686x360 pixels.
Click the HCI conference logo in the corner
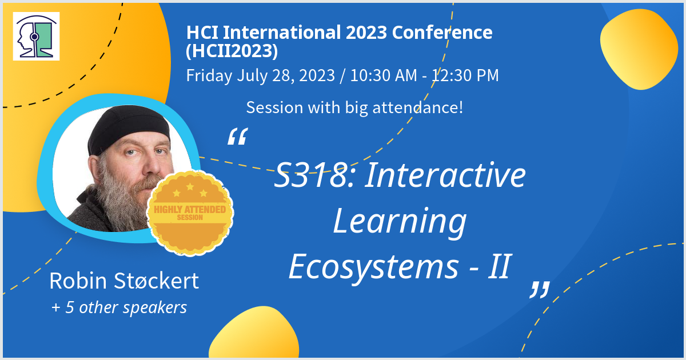pyautogui.click(x=36, y=36)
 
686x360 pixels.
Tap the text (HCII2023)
pyautogui.click(x=232, y=50)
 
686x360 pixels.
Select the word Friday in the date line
pyautogui.click(x=209, y=75)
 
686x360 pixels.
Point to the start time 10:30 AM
pyautogui.click(x=384, y=75)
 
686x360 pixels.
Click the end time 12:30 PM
pyautogui.click(x=465, y=75)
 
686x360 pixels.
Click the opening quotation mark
pyautogui.click(x=238, y=136)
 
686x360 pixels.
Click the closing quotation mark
pyautogui.click(x=540, y=290)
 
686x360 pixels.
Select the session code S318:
pyautogui.click(x=315, y=175)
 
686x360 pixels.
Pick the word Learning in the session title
pyautogui.click(x=400, y=222)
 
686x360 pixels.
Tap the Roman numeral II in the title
pyautogui.click(x=499, y=266)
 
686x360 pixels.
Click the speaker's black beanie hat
pyautogui.click(x=129, y=128)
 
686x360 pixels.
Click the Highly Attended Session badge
pyautogui.click(x=190, y=213)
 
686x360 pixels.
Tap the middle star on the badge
pyautogui.click(x=190, y=186)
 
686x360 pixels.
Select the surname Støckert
pyautogui.click(x=157, y=281)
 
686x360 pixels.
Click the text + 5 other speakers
pyautogui.click(x=119, y=307)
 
